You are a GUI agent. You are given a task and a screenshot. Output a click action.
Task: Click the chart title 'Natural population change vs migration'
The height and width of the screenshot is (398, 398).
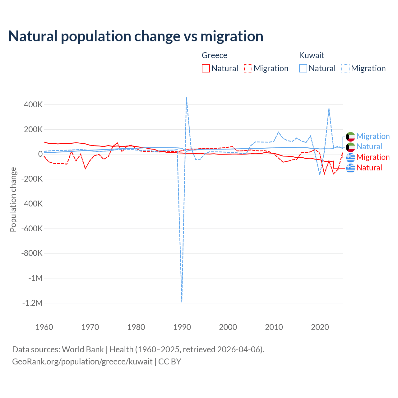[136, 36]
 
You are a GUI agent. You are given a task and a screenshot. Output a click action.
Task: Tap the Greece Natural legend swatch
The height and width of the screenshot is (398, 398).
[206, 68]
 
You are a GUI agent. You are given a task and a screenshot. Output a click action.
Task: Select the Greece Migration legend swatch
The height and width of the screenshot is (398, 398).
[248, 68]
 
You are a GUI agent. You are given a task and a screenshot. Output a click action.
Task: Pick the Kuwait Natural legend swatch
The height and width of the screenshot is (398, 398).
[303, 68]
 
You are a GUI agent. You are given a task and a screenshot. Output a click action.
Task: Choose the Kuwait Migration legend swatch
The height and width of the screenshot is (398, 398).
[345, 68]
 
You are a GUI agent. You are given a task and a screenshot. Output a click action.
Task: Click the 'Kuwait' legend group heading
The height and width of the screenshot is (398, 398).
[312, 55]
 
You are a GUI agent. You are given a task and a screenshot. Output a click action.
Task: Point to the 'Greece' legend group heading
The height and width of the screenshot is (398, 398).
[215, 55]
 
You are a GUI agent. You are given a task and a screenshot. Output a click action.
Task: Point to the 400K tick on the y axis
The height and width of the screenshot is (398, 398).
[33, 104]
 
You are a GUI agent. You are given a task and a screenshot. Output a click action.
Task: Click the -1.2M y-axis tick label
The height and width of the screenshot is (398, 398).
[32, 303]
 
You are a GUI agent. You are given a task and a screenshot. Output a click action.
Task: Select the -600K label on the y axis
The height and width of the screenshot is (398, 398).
[32, 229]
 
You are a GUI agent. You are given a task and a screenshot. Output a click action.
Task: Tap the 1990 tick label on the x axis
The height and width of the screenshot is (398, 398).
[182, 327]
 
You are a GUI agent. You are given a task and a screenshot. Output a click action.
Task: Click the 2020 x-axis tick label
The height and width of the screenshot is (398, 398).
[320, 327]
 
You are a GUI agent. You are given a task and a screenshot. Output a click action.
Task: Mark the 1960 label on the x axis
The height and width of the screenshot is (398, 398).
[44, 327]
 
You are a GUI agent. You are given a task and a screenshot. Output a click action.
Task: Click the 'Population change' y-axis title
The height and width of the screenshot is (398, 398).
[13, 200]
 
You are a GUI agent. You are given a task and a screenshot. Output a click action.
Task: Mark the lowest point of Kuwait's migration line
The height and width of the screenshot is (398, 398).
[182, 302]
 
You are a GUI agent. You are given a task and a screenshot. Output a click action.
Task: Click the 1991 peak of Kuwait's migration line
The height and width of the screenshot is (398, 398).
[186, 97]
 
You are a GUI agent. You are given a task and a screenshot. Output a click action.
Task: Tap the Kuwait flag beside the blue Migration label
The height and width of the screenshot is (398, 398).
[350, 136]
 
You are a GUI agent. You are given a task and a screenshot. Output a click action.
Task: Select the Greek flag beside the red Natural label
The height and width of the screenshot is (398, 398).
[350, 168]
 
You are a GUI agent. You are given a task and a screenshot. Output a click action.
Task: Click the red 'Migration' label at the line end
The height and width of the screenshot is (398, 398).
[373, 157]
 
